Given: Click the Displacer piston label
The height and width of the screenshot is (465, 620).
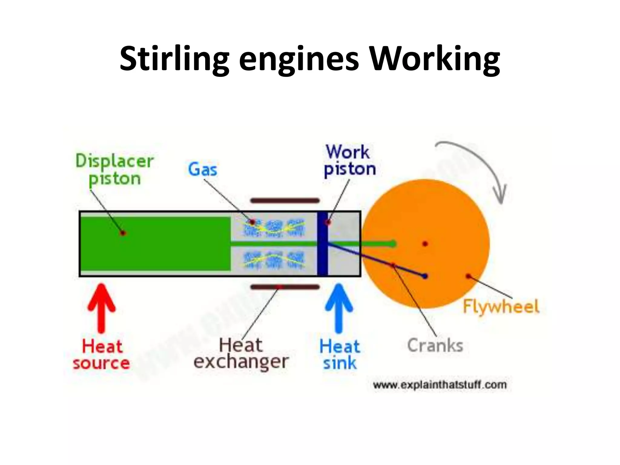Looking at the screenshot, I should [114, 170].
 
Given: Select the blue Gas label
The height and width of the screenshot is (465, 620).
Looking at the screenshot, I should [203, 169].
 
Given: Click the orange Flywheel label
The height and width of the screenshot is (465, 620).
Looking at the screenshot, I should [501, 306].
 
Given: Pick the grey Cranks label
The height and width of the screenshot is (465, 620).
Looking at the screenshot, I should [435, 345].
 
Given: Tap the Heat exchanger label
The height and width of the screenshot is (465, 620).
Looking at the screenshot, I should [241, 354].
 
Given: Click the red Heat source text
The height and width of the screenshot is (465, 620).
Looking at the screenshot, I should [101, 354].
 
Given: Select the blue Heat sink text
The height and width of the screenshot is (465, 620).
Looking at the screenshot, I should [339, 354].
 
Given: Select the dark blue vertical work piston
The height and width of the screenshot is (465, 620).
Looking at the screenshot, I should [323, 244].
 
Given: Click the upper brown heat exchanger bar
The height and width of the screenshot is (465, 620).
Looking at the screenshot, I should [285, 200].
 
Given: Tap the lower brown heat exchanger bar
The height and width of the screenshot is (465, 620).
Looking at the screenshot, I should [285, 287].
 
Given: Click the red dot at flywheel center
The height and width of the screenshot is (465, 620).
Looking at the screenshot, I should [425, 244].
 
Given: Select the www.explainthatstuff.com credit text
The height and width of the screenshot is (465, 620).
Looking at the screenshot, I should [440, 385].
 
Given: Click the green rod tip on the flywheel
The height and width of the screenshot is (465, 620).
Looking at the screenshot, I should [393, 244].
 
